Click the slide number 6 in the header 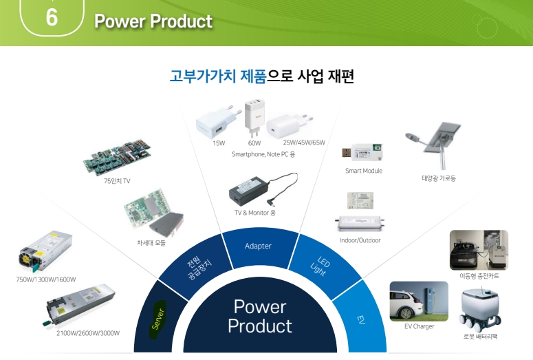(51, 18)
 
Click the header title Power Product (153, 21)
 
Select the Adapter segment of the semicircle (258, 246)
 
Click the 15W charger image (215, 122)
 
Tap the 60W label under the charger (254, 143)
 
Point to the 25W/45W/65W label (304, 142)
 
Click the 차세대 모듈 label (151, 242)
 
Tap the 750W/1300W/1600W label (46, 279)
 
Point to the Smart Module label (363, 171)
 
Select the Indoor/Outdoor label (360, 240)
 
